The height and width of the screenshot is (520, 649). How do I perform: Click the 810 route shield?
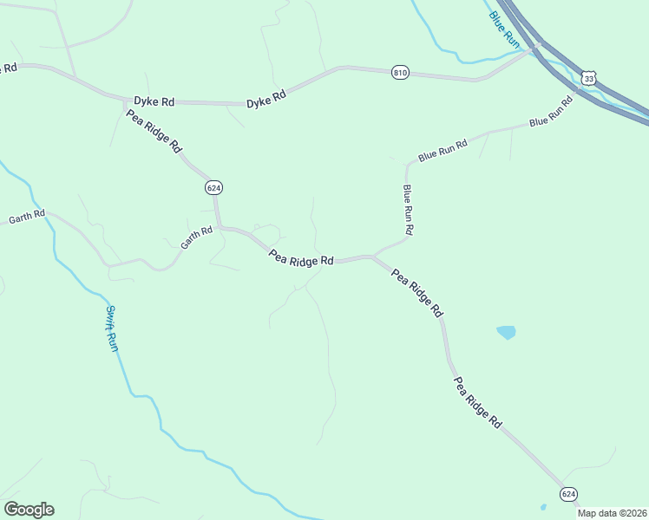point(400,73)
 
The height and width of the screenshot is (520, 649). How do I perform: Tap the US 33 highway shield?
point(589,78)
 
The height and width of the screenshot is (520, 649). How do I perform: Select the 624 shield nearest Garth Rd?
point(213,187)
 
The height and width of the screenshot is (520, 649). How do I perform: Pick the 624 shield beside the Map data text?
point(568,493)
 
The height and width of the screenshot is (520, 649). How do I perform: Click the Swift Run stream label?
point(113,328)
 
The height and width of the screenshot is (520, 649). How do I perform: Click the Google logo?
point(29,509)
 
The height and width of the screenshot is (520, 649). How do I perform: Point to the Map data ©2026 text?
point(612,513)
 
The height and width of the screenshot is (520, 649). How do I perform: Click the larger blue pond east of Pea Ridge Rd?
point(505,332)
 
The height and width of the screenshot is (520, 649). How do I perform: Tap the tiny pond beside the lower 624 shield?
point(543,507)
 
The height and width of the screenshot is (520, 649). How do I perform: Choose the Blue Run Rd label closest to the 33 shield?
point(551,112)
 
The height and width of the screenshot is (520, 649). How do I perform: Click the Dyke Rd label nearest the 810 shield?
point(266,101)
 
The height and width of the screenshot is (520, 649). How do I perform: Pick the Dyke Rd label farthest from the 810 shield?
point(154,101)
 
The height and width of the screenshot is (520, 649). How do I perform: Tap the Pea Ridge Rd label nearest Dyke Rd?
point(153,131)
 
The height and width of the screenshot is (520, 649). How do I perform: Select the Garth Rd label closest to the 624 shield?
point(196,238)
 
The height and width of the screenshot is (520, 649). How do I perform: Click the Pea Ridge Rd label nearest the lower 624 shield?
point(477,402)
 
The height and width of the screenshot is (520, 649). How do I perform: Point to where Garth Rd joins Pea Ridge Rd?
point(220,227)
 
